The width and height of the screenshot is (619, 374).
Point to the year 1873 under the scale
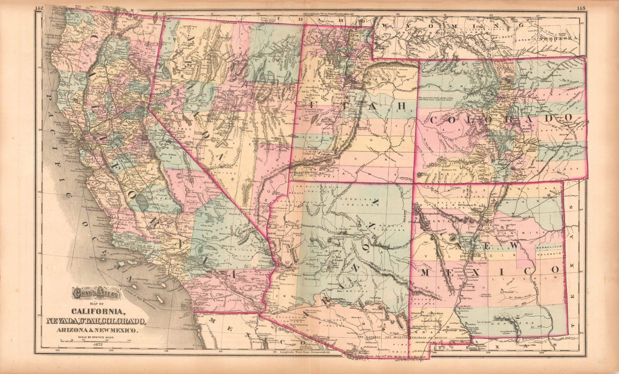click(x=98, y=345)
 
